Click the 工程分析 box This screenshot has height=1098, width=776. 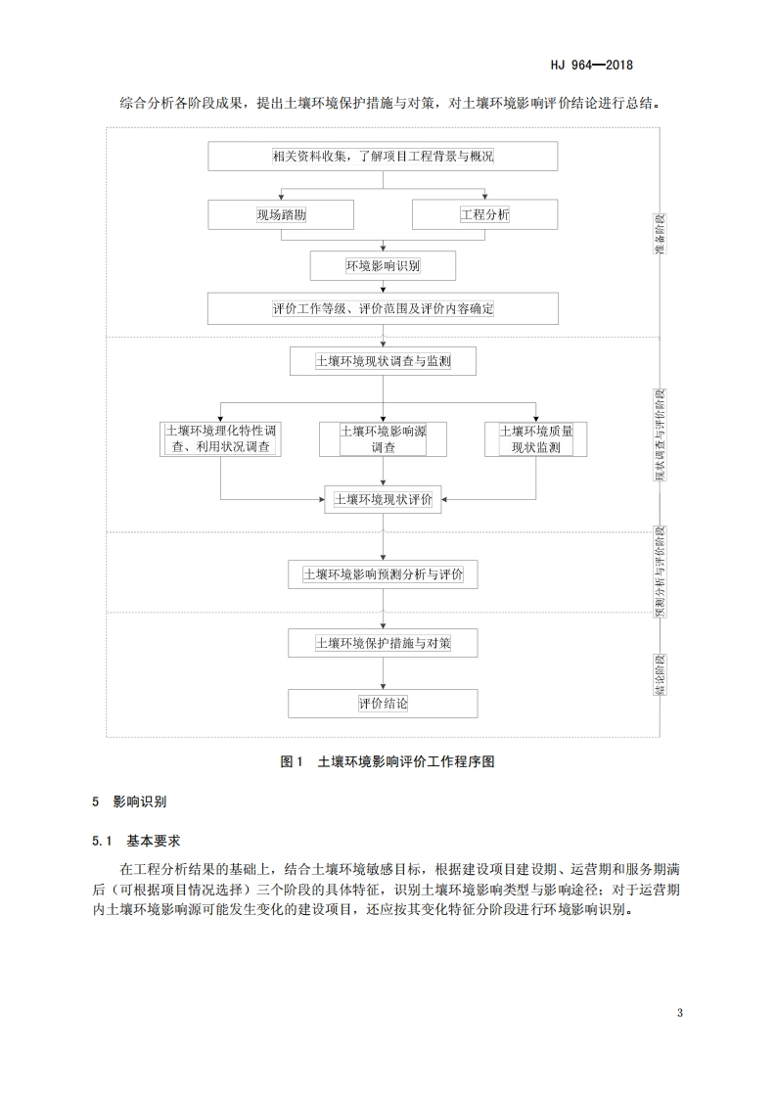tap(484, 214)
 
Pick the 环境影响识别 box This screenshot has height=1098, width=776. tap(383, 265)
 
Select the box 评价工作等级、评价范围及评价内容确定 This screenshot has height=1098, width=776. tap(383, 309)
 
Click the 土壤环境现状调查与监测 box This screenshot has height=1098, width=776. tap(383, 361)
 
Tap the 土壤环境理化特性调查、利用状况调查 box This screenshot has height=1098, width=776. tap(221, 439)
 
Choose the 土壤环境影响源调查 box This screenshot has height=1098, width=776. tap(383, 439)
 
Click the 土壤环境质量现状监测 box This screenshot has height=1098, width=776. tap(536, 439)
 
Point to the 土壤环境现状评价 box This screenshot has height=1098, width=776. tap(383, 499)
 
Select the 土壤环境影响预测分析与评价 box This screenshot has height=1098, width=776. tap(383, 574)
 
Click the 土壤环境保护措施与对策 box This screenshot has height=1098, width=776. tap(383, 643)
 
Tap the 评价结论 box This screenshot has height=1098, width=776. tap(383, 704)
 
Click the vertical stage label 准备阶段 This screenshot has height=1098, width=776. tap(660, 234)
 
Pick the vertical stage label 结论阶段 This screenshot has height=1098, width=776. tap(661, 675)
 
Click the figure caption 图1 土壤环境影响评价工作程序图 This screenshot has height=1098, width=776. tap(388, 762)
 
